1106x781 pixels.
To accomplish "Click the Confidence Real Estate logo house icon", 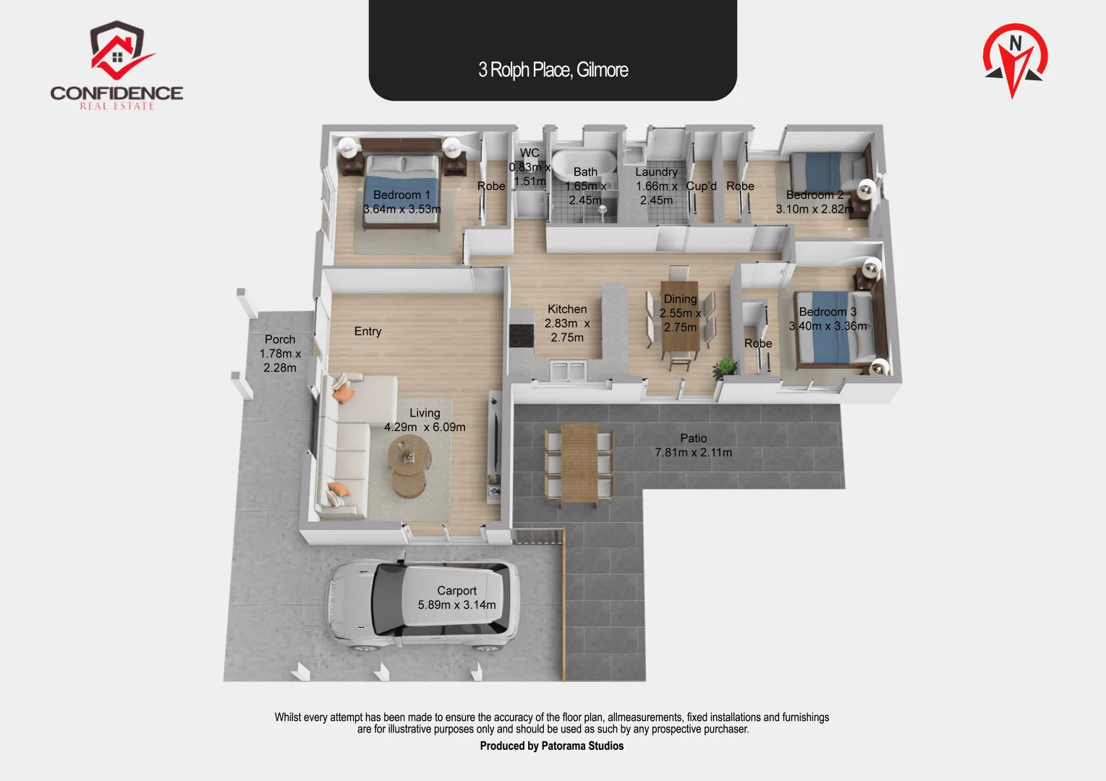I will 118,51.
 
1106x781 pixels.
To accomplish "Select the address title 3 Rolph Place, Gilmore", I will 553,70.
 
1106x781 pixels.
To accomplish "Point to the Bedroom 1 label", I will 401,195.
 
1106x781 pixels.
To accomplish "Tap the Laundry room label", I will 656,172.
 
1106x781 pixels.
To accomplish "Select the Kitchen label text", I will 567,310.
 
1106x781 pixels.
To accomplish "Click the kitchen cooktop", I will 521,336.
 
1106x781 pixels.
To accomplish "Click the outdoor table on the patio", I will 579,463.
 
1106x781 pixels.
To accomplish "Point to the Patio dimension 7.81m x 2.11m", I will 693,453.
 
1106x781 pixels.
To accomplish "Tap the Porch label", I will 280,339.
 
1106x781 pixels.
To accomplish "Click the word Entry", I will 367,331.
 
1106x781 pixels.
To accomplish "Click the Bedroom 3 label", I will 828,312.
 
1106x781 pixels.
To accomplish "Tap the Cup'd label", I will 701,187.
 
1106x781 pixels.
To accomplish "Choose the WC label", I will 529,153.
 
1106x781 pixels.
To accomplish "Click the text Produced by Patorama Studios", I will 551,746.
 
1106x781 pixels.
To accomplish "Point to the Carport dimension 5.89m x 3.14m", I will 456,605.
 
